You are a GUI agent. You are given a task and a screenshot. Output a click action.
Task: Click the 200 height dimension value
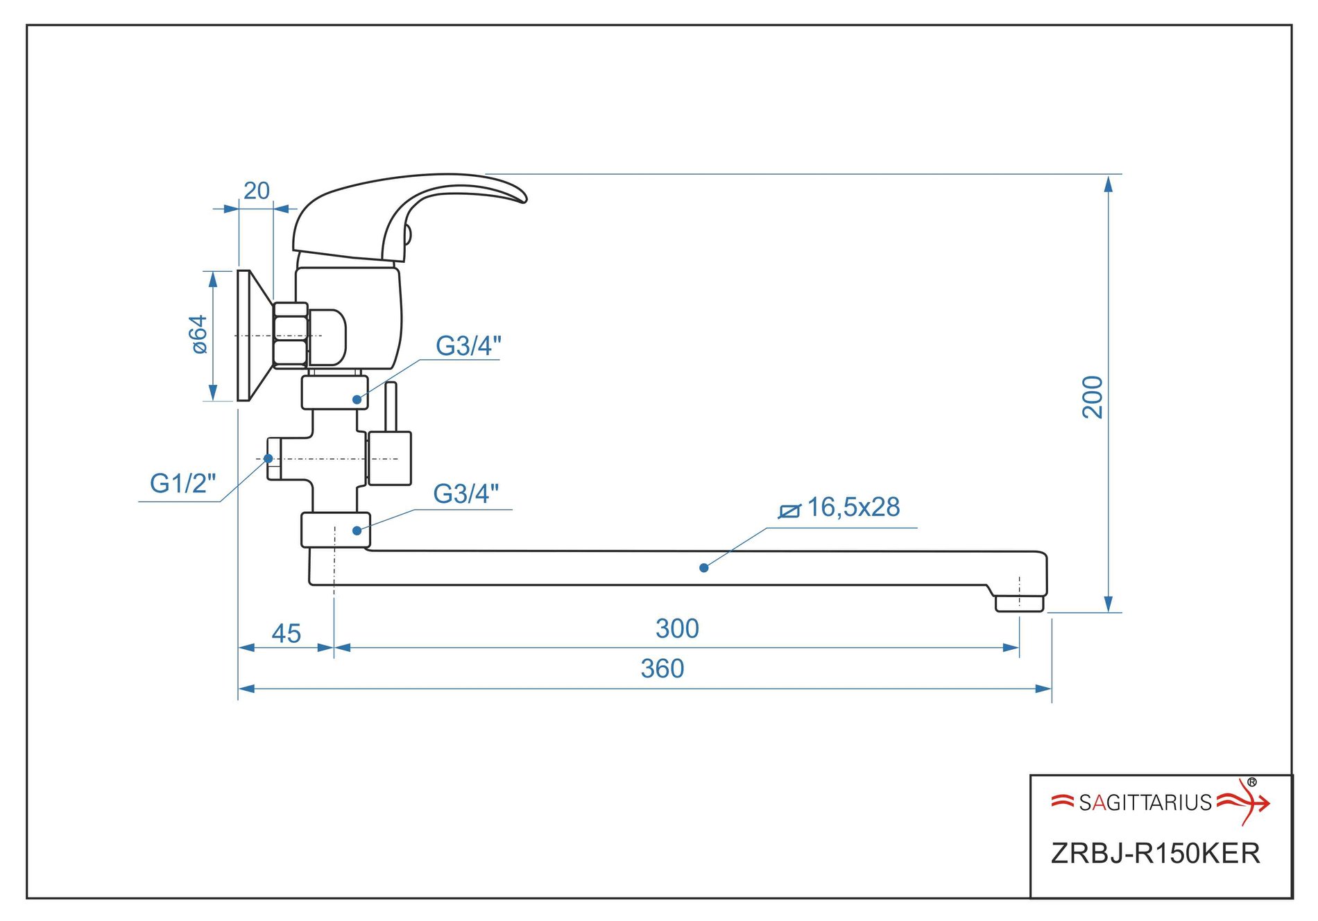[x=1093, y=397]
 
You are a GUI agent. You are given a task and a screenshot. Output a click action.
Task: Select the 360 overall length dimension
[x=662, y=669]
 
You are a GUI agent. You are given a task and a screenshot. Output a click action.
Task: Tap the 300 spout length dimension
[x=677, y=628]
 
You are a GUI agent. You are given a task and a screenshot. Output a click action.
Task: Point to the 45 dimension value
[x=286, y=633]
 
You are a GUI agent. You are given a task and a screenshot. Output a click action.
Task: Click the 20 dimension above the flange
[x=256, y=191]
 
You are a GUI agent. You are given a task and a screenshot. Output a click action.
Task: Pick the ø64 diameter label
[x=199, y=334]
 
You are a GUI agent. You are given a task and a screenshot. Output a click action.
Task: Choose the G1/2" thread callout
[x=182, y=483]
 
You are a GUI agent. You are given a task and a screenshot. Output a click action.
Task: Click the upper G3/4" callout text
[x=468, y=345]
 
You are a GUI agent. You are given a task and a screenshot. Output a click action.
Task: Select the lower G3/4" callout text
[x=465, y=494]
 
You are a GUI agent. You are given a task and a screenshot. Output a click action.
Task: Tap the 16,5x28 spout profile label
[x=853, y=507]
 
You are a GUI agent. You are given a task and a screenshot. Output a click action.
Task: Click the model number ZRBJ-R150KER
[x=1155, y=853]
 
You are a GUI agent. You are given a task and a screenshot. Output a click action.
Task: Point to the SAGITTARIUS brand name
[x=1145, y=802]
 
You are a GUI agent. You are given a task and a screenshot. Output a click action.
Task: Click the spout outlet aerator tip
[x=1019, y=603]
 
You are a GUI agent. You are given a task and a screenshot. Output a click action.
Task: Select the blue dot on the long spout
[x=703, y=567]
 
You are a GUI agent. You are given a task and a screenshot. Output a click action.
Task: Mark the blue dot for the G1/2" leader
[x=268, y=458]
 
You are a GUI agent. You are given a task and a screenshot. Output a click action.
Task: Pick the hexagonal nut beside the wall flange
[x=290, y=336]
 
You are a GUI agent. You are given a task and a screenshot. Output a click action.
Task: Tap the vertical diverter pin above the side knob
[x=391, y=406]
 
